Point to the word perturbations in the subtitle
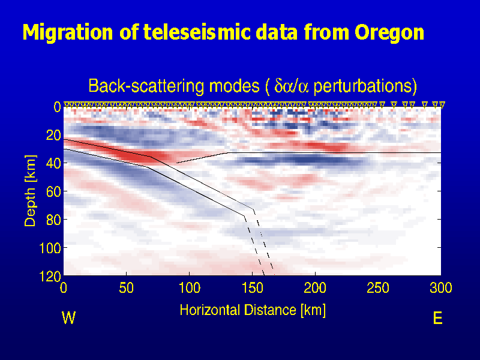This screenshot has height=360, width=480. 365,86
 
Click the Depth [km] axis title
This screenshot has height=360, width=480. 30,190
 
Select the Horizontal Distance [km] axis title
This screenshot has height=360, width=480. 253,310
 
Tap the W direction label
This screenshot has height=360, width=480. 68,319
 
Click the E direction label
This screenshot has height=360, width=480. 437,319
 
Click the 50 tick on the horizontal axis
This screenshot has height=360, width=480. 127,289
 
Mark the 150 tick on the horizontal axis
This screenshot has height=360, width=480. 252,289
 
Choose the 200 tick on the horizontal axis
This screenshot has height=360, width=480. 315,289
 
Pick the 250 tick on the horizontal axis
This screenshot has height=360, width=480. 378,289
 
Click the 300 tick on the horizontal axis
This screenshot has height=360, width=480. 440,289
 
